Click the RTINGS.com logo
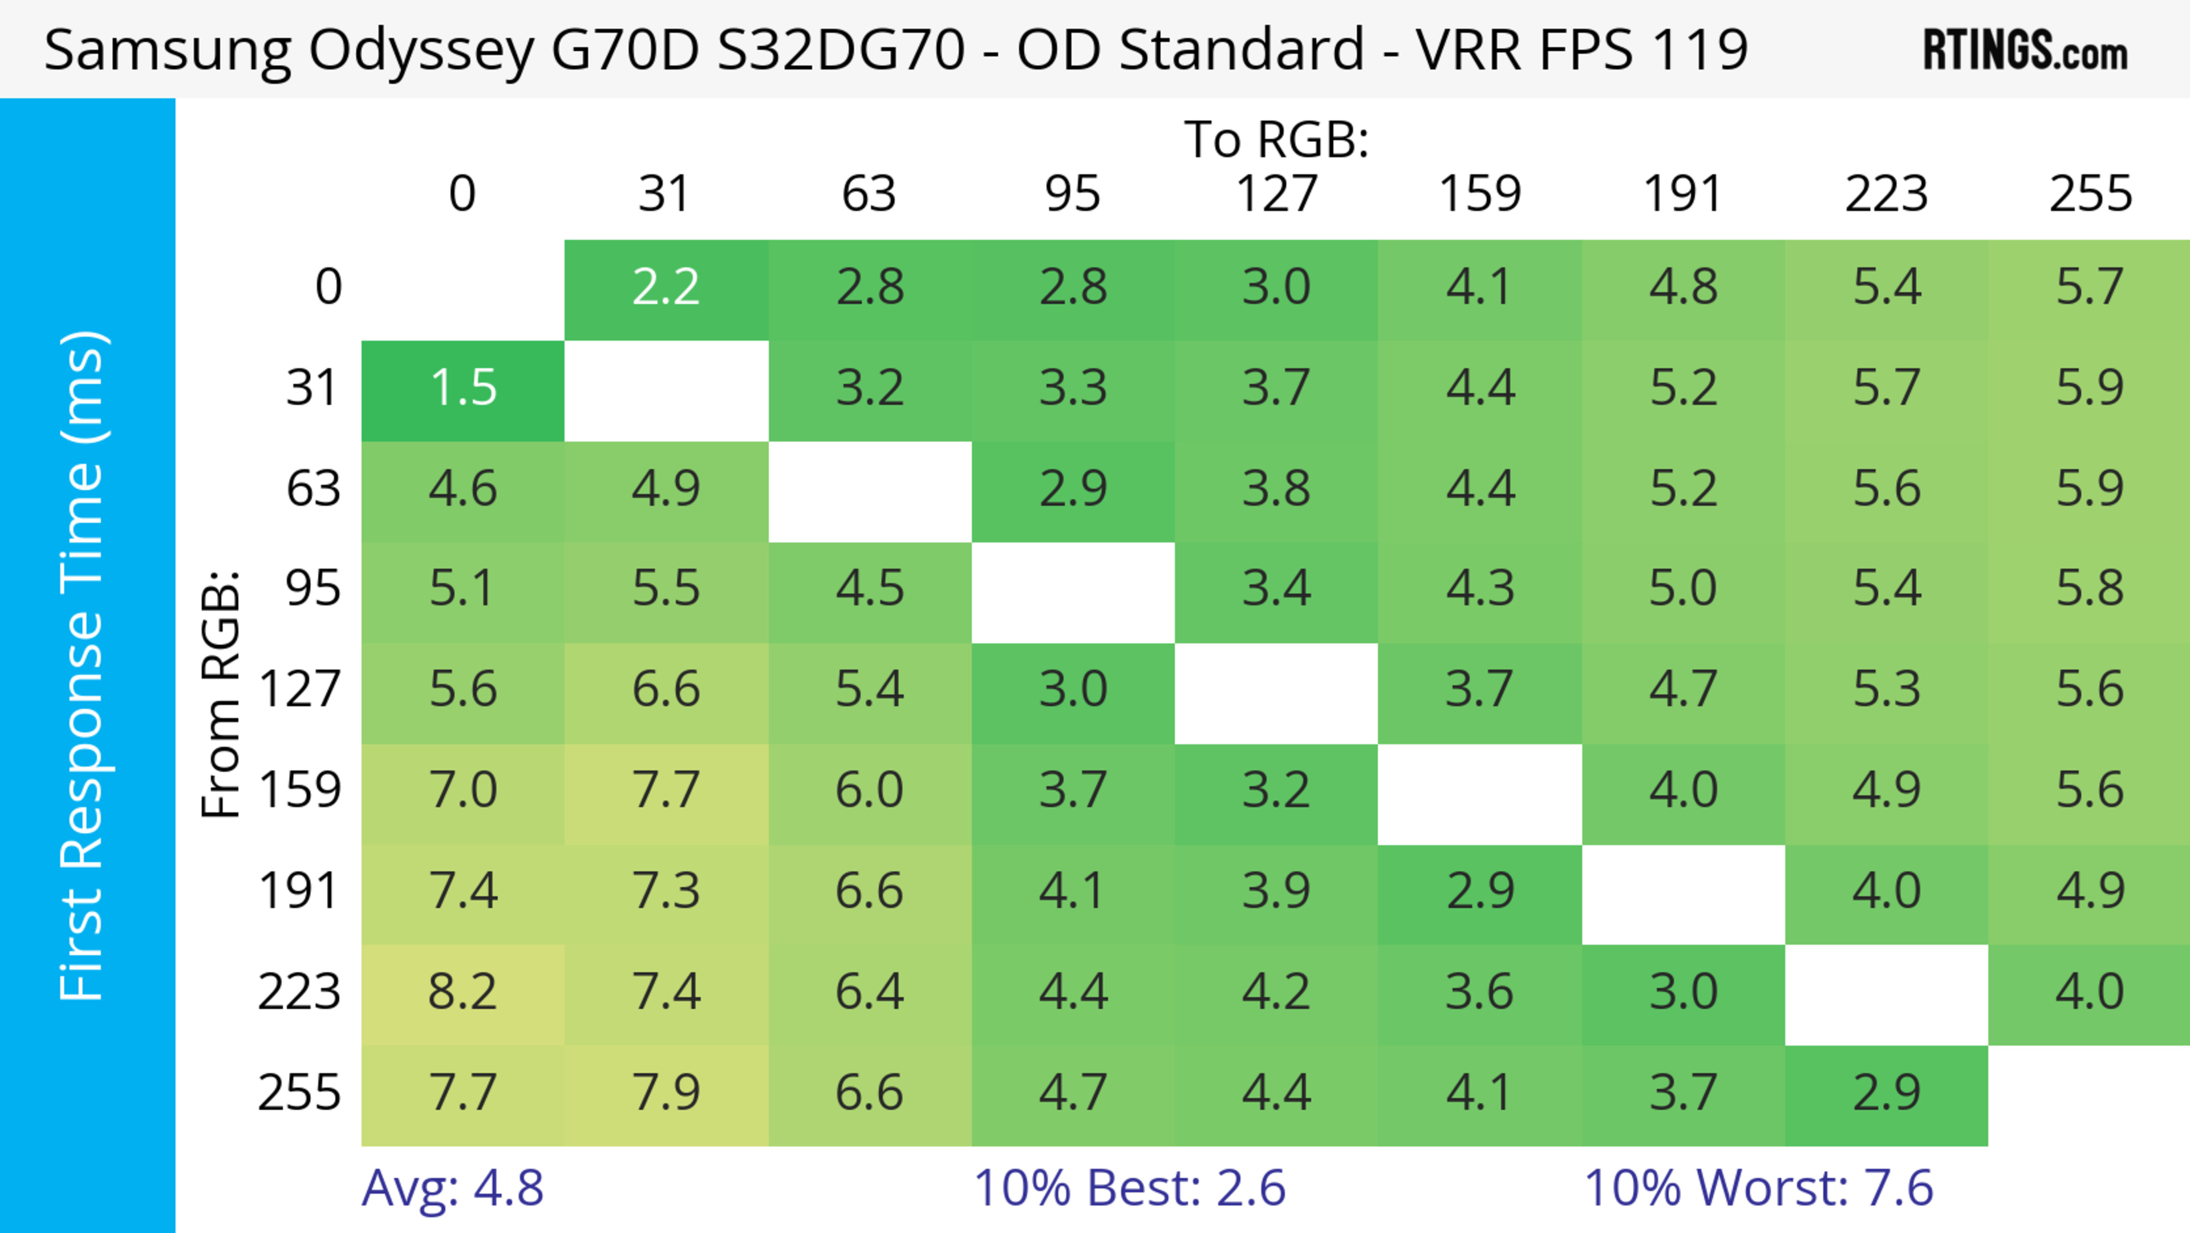pyautogui.click(x=2025, y=50)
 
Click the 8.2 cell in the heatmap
pyautogui.click(x=463, y=992)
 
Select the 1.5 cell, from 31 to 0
pyautogui.click(x=463, y=389)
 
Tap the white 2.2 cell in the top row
pyautogui.click(x=666, y=288)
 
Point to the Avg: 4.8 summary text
pyautogui.click(x=452, y=1188)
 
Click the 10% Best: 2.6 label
pyautogui.click(x=1129, y=1188)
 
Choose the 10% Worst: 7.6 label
pyautogui.click(x=1758, y=1188)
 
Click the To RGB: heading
pyautogui.click(x=1276, y=140)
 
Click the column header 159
pyautogui.click(x=1479, y=194)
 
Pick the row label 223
pyautogui.click(x=299, y=992)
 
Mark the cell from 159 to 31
pyautogui.click(x=666, y=791)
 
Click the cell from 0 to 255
pyautogui.click(x=2090, y=288)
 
